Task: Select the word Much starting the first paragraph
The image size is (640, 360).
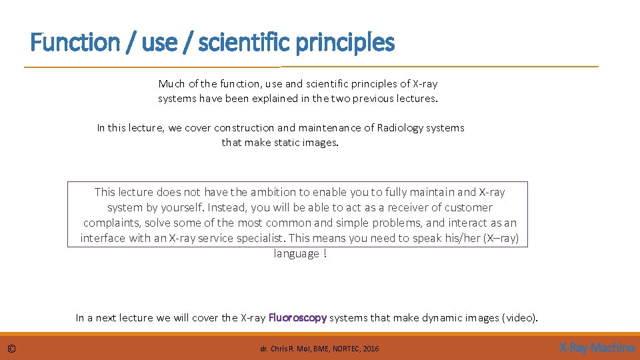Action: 171,84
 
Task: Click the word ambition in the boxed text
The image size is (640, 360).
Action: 273,192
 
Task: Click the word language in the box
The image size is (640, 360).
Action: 295,253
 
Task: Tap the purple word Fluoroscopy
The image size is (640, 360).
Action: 297,318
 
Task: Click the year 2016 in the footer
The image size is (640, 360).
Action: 371,349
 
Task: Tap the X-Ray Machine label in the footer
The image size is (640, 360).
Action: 596,347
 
